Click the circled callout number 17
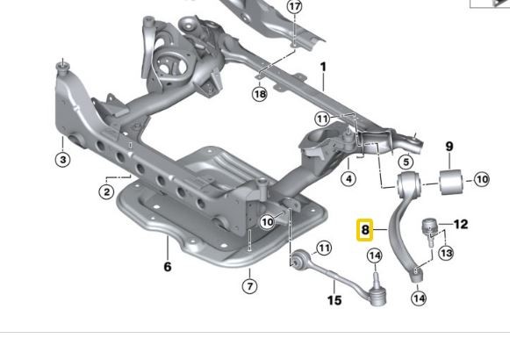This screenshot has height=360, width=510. (x=294, y=6)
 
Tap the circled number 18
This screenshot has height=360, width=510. (x=259, y=94)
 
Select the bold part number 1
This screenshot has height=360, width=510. (x=323, y=66)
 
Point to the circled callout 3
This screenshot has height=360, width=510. (x=62, y=160)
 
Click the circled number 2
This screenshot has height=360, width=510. (x=106, y=191)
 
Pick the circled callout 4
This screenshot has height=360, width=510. (x=348, y=179)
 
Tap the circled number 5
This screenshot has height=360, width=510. (x=406, y=162)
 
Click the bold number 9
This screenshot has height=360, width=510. (x=449, y=147)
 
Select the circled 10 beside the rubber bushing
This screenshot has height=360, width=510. (x=481, y=180)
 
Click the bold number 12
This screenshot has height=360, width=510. (x=460, y=224)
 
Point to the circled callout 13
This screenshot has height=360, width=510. (x=446, y=253)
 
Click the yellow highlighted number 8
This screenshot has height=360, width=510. (x=365, y=231)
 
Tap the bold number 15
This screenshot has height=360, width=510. (x=334, y=299)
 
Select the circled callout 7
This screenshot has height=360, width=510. (x=249, y=285)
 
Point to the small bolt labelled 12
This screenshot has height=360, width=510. (x=430, y=227)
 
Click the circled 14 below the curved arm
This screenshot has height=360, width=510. (x=419, y=299)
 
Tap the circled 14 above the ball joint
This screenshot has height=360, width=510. (x=375, y=256)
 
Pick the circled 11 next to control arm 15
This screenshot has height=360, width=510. (x=323, y=248)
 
